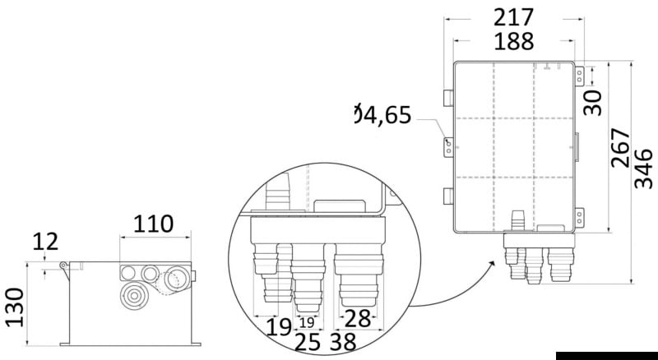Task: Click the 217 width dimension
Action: point(513,18)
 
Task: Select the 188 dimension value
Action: point(513,42)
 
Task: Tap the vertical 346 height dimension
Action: point(644,168)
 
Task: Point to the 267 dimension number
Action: point(621,148)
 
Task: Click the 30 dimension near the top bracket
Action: point(593,103)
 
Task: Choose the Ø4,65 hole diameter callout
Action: point(382,115)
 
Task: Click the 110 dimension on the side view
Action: point(153,224)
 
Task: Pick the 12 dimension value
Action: point(45,242)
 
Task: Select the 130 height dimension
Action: point(15,307)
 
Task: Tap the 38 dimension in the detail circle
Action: point(343,342)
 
